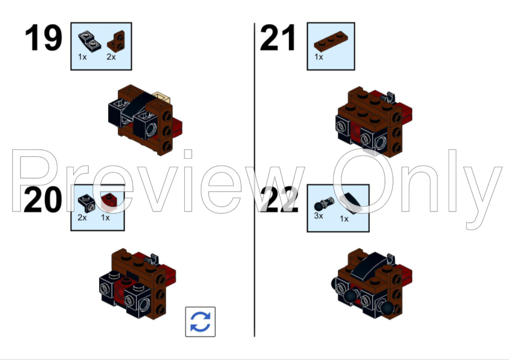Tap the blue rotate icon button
200,321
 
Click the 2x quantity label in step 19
111,57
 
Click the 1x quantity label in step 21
319,57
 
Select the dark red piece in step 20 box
109,200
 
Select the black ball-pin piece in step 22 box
322,202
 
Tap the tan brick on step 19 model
163,97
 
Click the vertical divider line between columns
254,181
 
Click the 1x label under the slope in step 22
344,219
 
